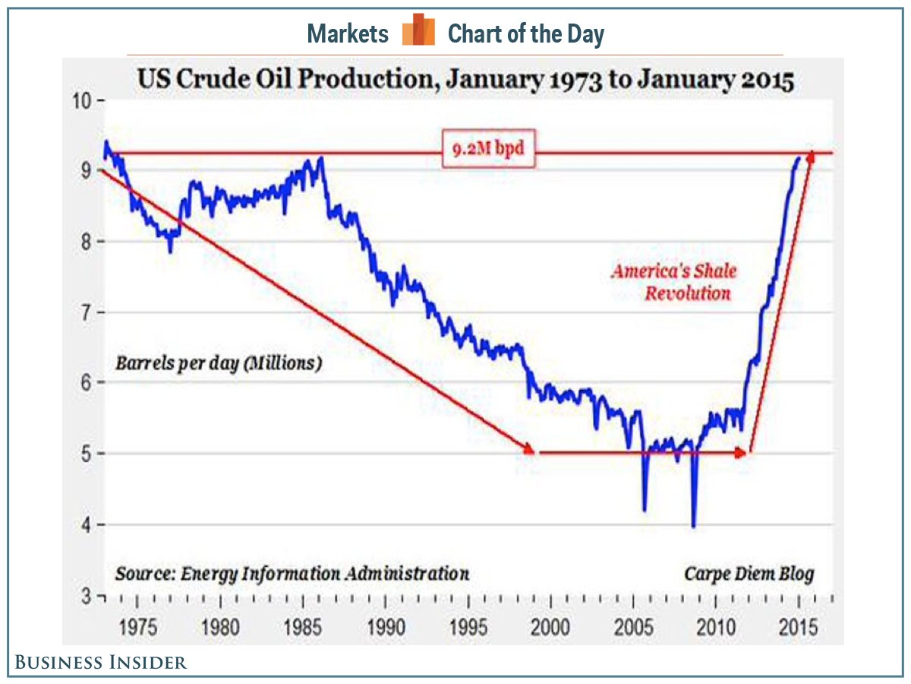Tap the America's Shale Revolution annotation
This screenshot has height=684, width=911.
[674, 281]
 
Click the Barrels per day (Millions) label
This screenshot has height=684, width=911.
[219, 363]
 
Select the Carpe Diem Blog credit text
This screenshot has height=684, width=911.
[749, 573]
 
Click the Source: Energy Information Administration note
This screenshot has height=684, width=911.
[292, 573]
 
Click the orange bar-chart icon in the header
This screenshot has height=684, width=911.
[418, 31]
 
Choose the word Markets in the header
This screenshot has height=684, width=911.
[348, 33]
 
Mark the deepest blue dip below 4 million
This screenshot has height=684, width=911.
[694, 524]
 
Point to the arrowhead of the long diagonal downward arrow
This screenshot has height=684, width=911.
[529, 450]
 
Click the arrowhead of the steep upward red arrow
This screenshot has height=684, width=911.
[810, 156]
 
